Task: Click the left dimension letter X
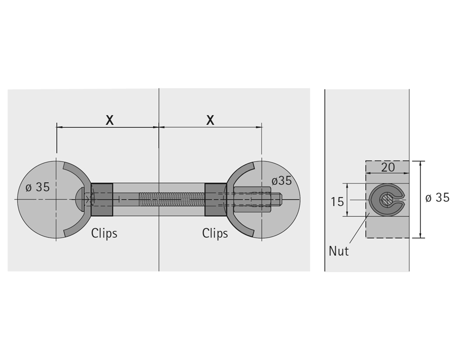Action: [x=110, y=120]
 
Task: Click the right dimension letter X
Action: [x=210, y=120]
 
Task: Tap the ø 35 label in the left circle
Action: [x=38, y=187]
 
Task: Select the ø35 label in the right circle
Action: [x=282, y=181]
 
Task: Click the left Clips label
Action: [x=104, y=234]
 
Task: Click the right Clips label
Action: [x=215, y=234]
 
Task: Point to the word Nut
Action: [x=338, y=251]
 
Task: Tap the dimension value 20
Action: [x=388, y=168]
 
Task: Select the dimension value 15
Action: [x=337, y=202]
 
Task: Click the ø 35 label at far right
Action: [x=437, y=198]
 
